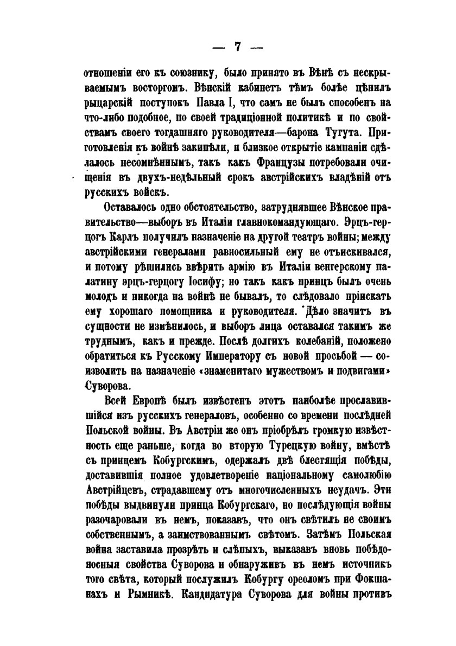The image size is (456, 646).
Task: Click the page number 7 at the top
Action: pyautogui.click(x=237, y=47)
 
